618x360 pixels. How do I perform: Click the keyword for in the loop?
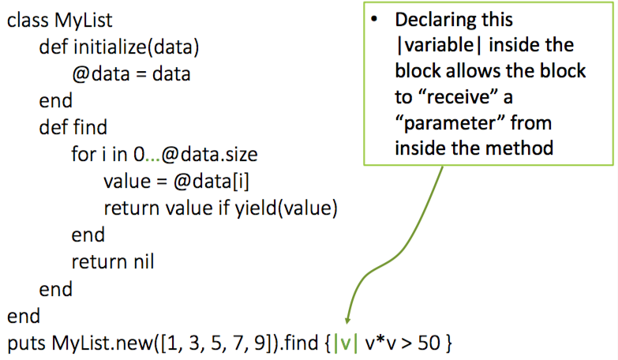(83, 155)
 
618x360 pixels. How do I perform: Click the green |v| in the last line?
(345, 344)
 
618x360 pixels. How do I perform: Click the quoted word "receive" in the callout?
(461, 98)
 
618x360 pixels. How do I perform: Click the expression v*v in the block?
(381, 344)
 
